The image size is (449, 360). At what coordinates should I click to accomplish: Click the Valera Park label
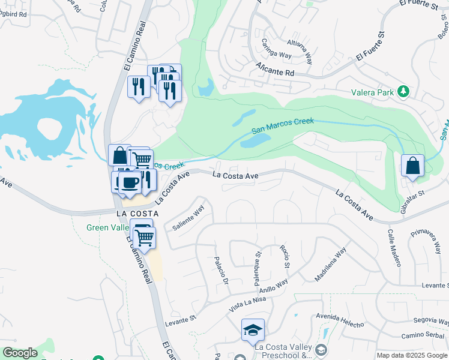click(373, 92)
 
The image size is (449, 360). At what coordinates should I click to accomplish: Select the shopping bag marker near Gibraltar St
click(413, 166)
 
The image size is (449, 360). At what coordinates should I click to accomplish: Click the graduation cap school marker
click(253, 329)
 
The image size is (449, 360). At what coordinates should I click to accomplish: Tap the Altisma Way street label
click(300, 50)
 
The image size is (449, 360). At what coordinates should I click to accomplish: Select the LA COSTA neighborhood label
click(137, 214)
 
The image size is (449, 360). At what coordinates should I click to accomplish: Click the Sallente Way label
click(188, 218)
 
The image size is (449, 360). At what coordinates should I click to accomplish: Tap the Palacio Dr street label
click(221, 271)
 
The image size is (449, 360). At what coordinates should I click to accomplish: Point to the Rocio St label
click(285, 256)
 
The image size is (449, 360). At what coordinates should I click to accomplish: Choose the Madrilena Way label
click(331, 265)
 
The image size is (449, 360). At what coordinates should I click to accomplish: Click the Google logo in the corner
click(20, 353)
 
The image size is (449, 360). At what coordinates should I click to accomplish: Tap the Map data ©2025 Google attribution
click(412, 355)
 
